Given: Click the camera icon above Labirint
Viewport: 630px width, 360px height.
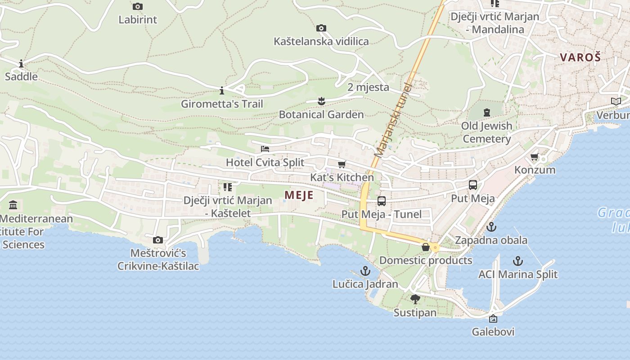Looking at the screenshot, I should click(x=138, y=6).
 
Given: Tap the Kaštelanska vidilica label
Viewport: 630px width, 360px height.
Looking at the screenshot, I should click(x=321, y=41).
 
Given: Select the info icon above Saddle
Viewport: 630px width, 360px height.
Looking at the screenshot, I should click(x=21, y=63).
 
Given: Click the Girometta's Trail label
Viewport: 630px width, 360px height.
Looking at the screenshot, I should click(x=222, y=104).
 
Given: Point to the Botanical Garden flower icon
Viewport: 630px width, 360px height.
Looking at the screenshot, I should click(x=321, y=101).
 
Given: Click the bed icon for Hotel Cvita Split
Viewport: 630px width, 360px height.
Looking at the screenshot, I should click(x=265, y=149).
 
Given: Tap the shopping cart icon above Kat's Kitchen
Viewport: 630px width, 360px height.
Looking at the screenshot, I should click(x=342, y=164).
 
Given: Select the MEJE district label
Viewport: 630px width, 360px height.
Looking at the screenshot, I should click(x=299, y=195).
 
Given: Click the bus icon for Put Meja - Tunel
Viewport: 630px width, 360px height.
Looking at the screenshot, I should click(x=382, y=201).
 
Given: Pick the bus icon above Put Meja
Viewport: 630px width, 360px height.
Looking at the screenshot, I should click(x=473, y=185).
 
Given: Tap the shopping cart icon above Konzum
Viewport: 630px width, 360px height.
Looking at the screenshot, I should click(x=535, y=157).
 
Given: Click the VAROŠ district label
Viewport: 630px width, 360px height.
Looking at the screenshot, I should click(x=580, y=57).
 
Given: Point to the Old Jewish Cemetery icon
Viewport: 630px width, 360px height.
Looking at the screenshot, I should click(x=487, y=112).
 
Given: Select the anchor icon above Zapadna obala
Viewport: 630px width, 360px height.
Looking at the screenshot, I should click(x=491, y=227).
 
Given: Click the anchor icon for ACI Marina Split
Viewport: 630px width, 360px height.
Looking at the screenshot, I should click(x=518, y=261).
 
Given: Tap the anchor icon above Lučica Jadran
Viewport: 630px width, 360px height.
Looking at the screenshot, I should click(x=365, y=271).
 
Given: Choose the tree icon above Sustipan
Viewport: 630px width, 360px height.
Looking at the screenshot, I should click(x=415, y=299).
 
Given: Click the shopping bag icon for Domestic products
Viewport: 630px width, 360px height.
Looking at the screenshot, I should click(x=425, y=247).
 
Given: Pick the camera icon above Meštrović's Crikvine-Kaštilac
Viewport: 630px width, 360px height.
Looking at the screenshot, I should click(x=158, y=240).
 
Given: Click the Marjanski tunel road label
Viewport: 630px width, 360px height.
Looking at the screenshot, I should click(x=393, y=120).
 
